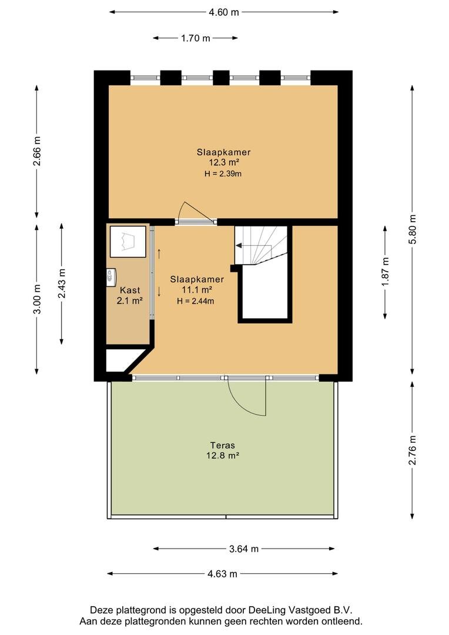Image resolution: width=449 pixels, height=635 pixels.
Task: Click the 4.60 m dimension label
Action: point(224,12)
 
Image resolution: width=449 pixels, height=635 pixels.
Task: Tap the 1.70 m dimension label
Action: point(196,38)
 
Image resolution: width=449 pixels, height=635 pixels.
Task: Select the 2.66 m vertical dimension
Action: point(37,151)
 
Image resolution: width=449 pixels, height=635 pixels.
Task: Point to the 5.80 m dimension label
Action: point(412,229)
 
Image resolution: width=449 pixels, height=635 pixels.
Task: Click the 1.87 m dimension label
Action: point(385,271)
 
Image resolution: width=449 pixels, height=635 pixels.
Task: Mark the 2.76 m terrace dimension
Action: point(412,450)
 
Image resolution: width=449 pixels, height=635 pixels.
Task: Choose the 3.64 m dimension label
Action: point(244,549)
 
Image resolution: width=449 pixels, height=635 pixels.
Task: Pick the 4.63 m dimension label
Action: point(222,573)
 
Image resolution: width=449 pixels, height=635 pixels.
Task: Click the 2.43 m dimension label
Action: point(62,283)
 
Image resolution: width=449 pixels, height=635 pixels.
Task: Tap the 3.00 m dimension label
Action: point(37,299)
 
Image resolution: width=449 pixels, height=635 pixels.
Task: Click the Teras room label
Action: point(222,445)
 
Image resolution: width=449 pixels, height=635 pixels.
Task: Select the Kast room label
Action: point(130,290)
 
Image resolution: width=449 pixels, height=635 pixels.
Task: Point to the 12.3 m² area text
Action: point(223,163)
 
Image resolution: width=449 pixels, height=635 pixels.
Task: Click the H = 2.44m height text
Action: point(196,301)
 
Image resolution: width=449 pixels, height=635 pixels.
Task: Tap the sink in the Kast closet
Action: point(111,278)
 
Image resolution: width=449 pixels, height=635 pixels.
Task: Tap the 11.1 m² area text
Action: point(197,290)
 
